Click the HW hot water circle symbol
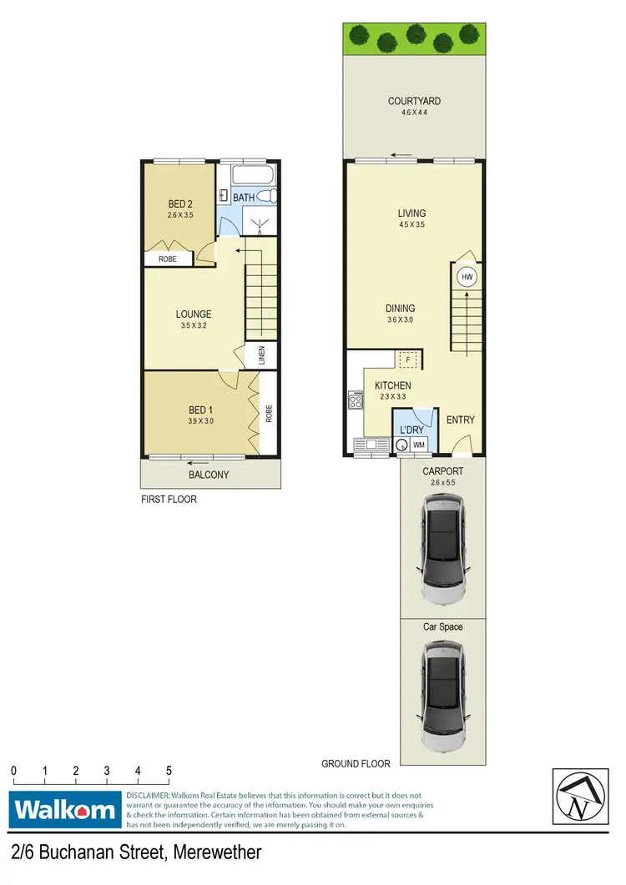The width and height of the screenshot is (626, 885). (x=467, y=277)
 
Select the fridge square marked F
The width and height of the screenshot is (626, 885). (x=408, y=360)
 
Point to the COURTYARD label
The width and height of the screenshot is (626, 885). (x=414, y=102)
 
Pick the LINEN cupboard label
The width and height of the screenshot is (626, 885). (x=261, y=356)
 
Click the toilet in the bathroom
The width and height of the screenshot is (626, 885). (x=267, y=196)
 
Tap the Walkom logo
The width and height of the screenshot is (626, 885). (x=63, y=810)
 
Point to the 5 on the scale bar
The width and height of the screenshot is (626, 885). (x=169, y=771)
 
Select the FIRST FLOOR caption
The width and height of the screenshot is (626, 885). (x=169, y=500)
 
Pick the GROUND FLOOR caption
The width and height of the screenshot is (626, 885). (x=356, y=763)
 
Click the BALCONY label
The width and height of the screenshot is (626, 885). (x=208, y=475)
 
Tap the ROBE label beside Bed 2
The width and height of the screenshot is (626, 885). (x=167, y=259)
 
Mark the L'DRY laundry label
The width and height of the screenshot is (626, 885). (x=411, y=430)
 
